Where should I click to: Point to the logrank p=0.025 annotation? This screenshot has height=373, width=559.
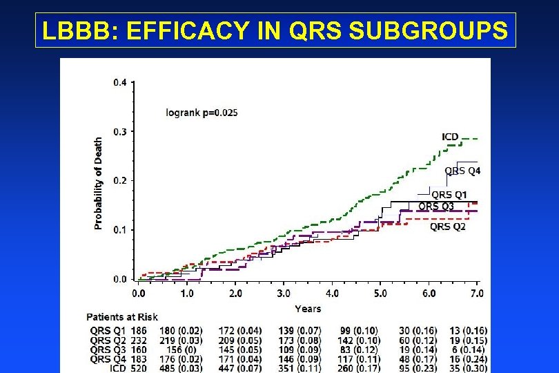tap(202, 112)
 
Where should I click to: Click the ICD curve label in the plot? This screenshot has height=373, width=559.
tap(450, 137)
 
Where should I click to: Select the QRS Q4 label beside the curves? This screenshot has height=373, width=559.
tap(462, 170)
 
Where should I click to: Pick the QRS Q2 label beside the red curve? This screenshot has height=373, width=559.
tap(447, 226)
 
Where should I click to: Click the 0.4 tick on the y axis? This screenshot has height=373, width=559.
tap(119, 82)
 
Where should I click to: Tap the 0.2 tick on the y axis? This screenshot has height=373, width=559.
tap(119, 180)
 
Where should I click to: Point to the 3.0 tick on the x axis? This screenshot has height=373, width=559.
tap(284, 294)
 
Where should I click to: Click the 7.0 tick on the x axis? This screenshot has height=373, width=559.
tap(477, 294)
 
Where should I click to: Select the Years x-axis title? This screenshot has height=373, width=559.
tap(307, 309)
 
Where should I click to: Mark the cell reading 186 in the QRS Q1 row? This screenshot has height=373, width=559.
tap(139, 331)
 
